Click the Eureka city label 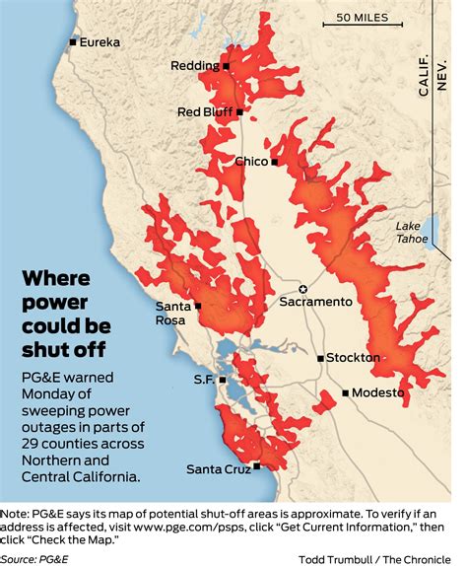point(100,42)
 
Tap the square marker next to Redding point(226,66)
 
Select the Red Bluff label point(204,112)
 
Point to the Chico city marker point(275,161)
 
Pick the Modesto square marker point(345,392)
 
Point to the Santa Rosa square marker point(198,306)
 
